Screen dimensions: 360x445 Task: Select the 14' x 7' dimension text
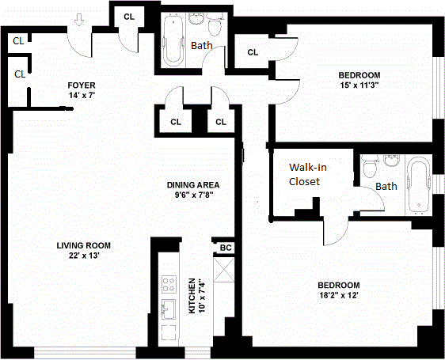click(x=82, y=95)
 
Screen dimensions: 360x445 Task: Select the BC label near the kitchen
click(x=225, y=248)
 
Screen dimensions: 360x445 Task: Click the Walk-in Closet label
click(x=303, y=174)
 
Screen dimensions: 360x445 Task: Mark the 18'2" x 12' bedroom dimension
click(x=338, y=296)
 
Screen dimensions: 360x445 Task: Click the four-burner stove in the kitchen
click(x=169, y=283)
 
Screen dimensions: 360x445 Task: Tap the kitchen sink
click(x=169, y=307)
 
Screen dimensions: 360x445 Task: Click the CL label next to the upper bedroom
click(x=253, y=52)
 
